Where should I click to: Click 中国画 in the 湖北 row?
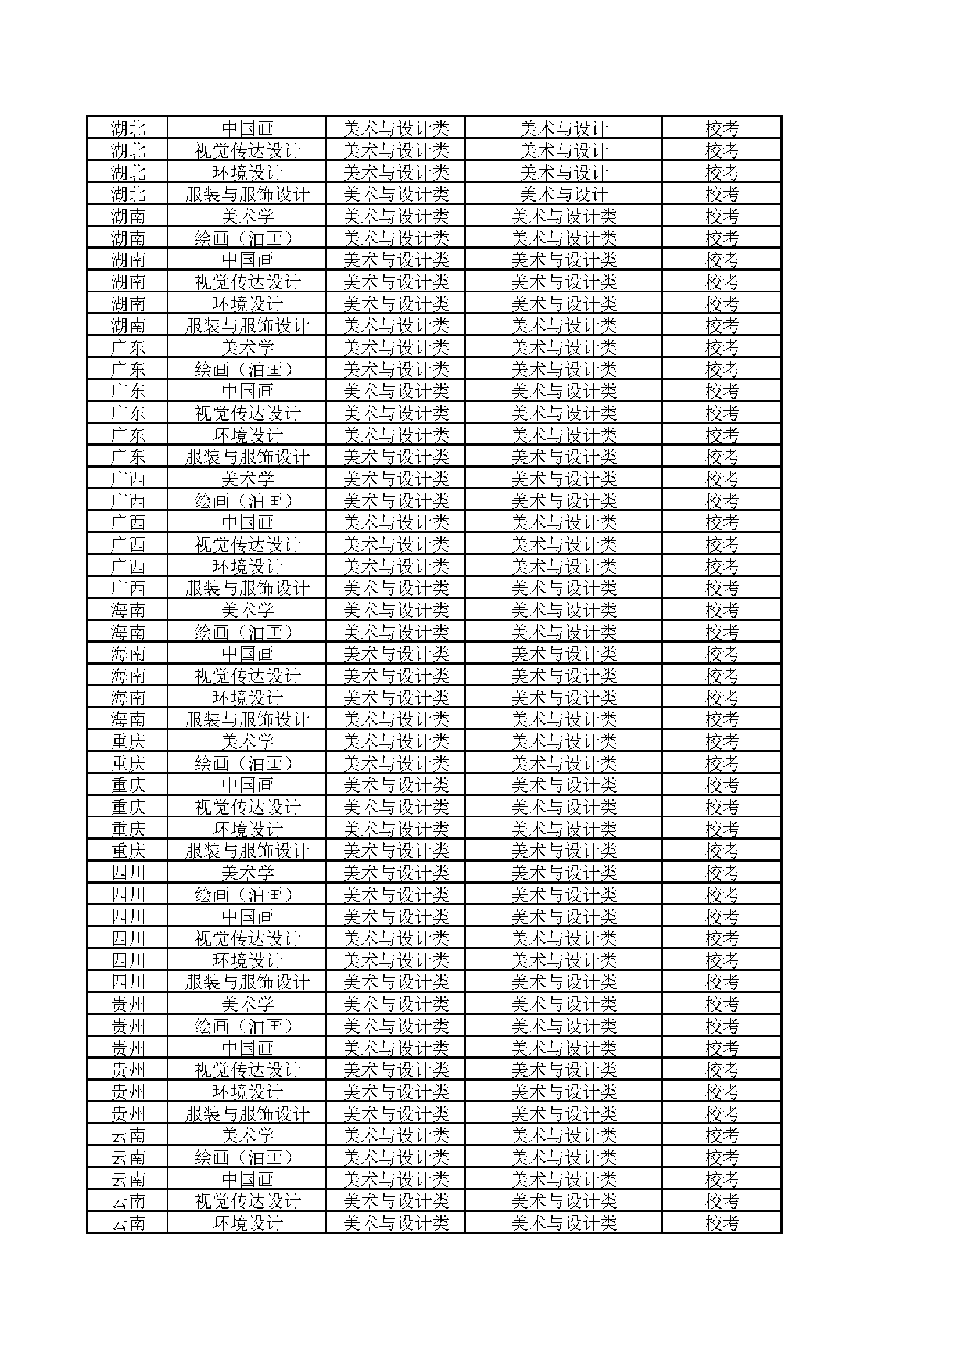pos(248,128)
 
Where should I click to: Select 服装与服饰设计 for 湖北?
pos(248,194)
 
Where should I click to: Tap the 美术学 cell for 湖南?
pos(248,216)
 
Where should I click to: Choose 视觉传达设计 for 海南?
pos(248,676)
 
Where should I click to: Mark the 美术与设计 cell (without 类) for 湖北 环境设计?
pos(564,173)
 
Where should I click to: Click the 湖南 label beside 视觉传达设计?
pos(128,282)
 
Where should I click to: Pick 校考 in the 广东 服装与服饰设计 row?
pos(722,457)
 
